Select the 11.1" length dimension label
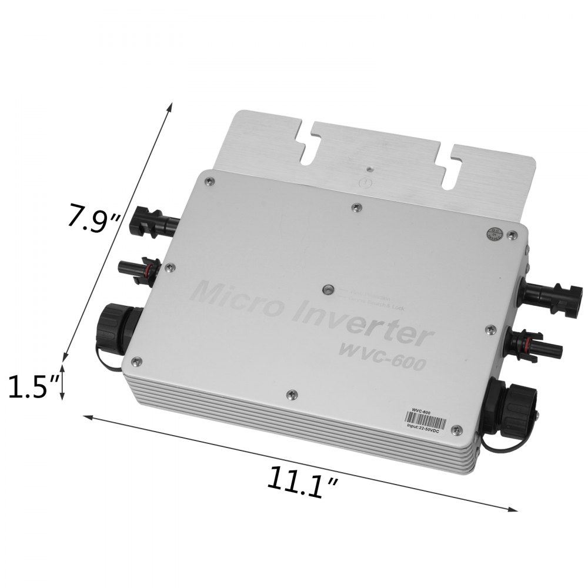(x=302, y=481)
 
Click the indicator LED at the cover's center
(x=328, y=290)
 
